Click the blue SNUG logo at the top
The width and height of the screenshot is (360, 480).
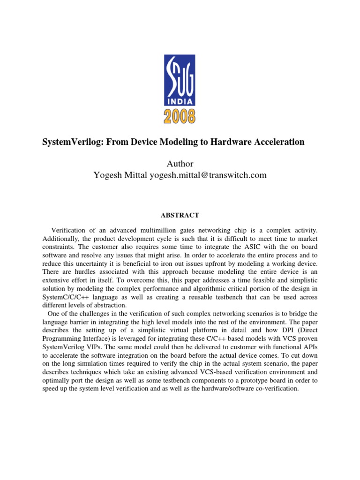tap(180, 80)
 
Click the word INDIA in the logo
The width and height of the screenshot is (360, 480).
tap(180, 100)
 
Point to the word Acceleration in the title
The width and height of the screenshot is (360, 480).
tap(279, 142)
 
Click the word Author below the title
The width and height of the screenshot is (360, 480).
tap(180, 164)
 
